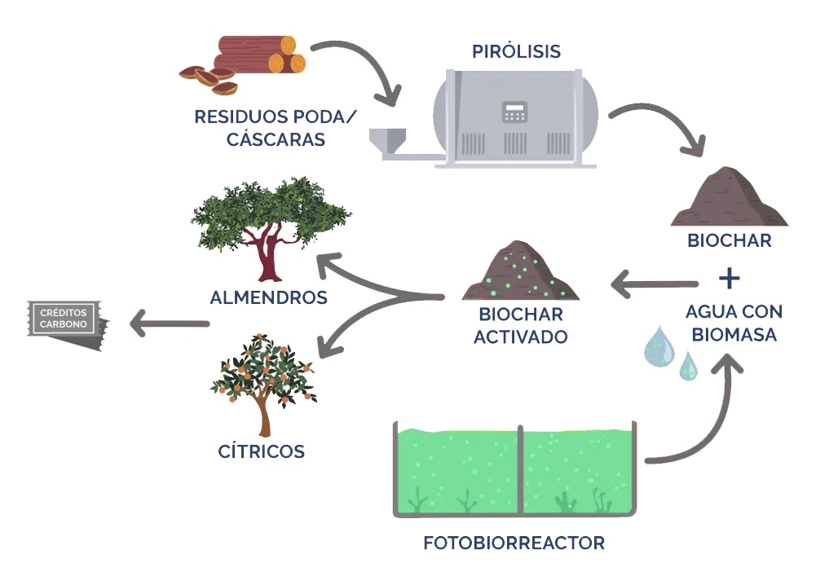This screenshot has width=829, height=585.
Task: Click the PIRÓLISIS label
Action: (516, 51)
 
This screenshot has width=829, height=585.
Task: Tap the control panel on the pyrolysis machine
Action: (514, 112)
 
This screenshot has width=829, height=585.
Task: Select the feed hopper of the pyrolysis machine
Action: (387, 142)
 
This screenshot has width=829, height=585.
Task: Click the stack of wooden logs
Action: (260, 54)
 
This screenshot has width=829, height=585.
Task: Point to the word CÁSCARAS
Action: (276, 139)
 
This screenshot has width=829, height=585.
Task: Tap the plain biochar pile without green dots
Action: (729, 197)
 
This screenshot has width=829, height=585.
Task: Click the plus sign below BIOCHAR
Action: (729, 278)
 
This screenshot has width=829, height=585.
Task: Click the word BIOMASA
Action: (734, 335)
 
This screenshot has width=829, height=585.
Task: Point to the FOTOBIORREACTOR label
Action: (514, 543)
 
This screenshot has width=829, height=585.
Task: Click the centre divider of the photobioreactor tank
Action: (520, 469)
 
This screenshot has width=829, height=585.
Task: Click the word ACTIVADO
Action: (520, 336)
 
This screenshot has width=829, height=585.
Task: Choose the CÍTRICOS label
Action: (261, 451)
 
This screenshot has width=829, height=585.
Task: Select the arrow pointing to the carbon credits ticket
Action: (170, 323)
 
